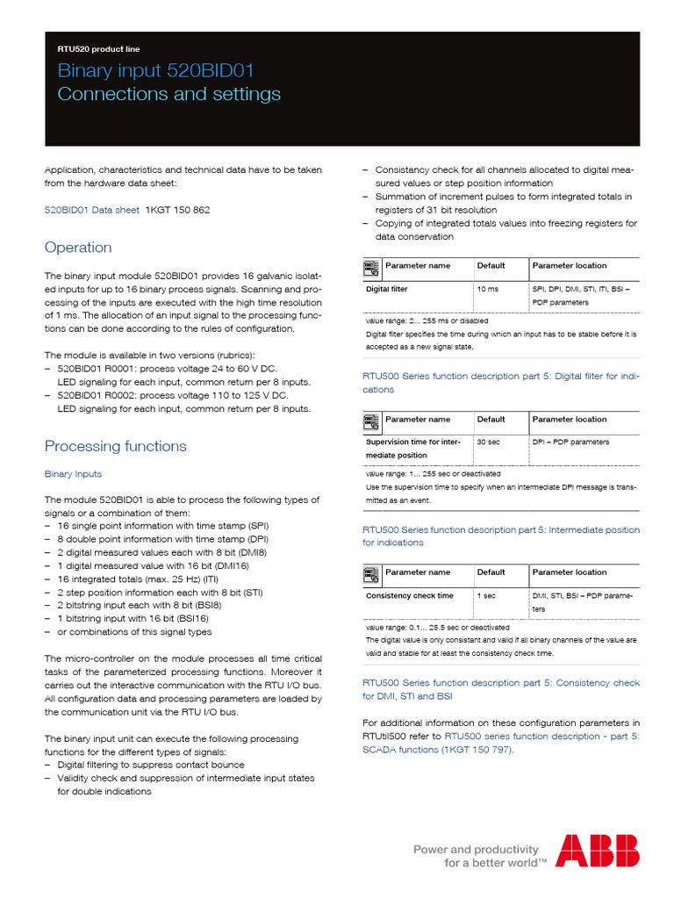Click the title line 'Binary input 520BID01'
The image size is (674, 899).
(x=155, y=71)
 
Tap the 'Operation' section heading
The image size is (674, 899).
(x=78, y=248)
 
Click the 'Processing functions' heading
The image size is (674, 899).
(x=115, y=446)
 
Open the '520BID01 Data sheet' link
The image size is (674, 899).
(x=91, y=210)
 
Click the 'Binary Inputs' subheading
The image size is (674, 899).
(x=73, y=474)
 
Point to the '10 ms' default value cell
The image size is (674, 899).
(x=487, y=289)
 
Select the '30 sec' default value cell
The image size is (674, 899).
(x=488, y=442)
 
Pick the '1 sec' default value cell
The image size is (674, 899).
(x=485, y=596)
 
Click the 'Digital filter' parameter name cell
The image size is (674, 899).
(x=387, y=289)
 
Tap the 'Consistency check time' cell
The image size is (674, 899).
(x=410, y=596)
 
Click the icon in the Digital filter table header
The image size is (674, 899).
(x=371, y=266)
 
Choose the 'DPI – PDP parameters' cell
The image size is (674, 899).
(x=570, y=442)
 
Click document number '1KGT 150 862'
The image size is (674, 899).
(x=177, y=210)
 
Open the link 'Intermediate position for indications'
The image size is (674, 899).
(x=501, y=536)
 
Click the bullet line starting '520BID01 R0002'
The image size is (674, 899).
(x=166, y=396)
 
